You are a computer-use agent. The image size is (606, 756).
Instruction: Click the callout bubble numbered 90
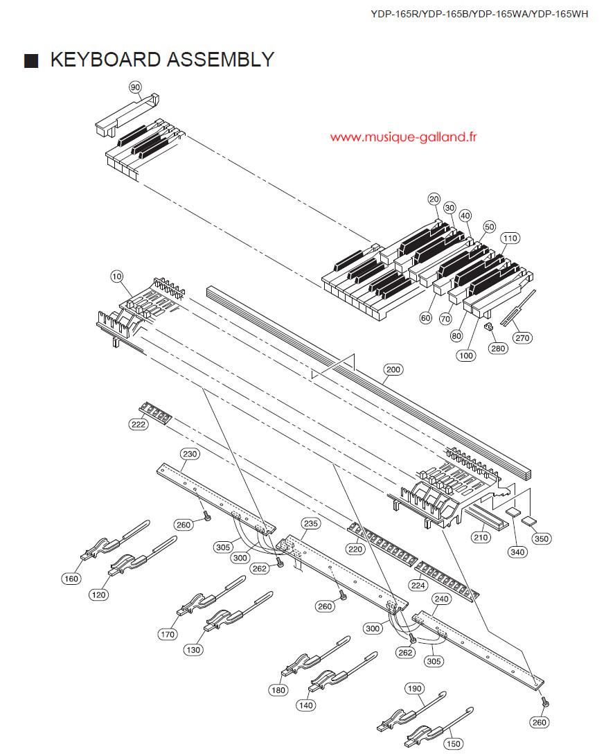coord(135,87)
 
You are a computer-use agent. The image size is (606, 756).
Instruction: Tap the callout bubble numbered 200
coord(393,369)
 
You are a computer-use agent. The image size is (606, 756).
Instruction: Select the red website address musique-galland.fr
coord(404,137)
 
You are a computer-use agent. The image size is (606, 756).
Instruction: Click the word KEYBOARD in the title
coord(106,60)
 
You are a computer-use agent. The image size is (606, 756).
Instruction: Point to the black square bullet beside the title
coord(31,61)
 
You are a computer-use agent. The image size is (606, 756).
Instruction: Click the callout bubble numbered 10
coord(117,276)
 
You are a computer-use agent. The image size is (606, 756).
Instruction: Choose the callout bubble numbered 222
coord(139,424)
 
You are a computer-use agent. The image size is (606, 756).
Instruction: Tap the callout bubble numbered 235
coord(311,523)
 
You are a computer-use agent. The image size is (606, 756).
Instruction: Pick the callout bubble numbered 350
coord(542,538)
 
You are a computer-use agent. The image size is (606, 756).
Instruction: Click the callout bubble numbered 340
coord(517,552)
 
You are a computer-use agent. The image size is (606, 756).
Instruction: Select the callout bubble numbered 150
coord(454,744)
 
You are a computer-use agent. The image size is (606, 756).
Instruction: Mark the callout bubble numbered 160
coord(71,579)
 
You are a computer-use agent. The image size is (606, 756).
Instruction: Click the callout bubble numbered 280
coord(498,348)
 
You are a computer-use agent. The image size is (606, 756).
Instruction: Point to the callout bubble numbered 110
coord(510,238)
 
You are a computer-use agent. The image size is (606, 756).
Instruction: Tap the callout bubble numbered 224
coord(418,586)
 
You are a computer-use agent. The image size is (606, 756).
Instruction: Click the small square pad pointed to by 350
coord(529,520)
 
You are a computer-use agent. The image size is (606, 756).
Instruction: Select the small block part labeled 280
coord(488,327)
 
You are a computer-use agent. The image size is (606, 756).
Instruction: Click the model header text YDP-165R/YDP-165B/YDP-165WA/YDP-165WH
coord(479,14)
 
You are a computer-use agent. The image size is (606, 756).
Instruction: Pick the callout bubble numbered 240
coord(441,599)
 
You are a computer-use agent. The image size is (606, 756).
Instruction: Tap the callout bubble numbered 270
coord(523,338)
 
